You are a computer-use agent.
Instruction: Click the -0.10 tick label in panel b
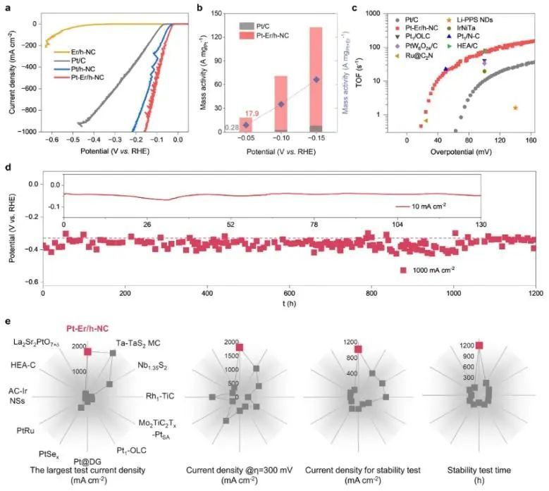click(x=281, y=139)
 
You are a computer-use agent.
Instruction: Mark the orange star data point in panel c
click(x=516, y=108)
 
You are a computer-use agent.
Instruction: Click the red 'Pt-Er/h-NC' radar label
click(x=87, y=328)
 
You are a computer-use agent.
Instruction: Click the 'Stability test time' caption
click(x=480, y=469)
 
